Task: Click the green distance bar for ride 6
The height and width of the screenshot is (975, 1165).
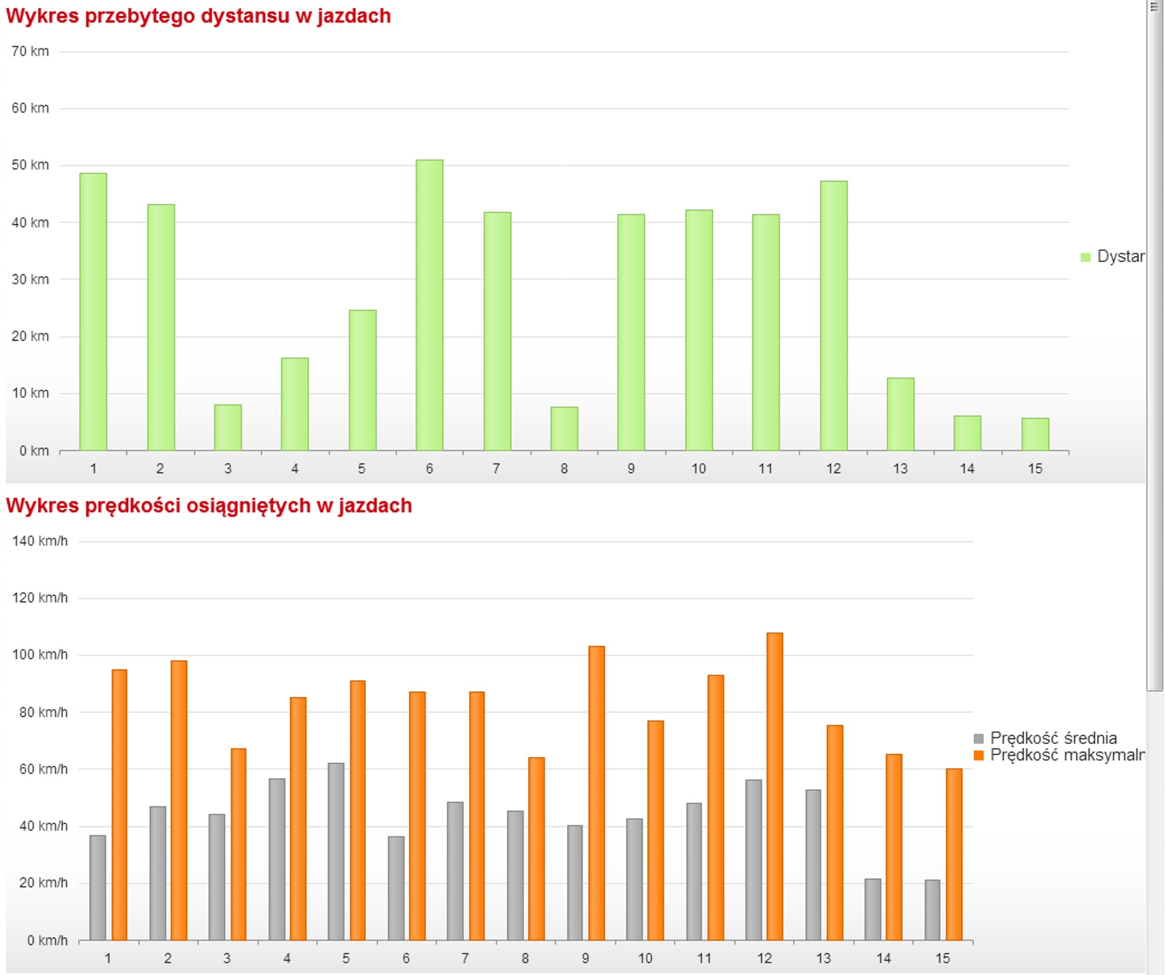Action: click(x=429, y=305)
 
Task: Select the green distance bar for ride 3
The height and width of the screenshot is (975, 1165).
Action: click(x=228, y=427)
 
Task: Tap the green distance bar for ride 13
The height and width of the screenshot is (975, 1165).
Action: click(x=900, y=414)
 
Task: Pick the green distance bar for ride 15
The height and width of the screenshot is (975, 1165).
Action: click(x=1035, y=434)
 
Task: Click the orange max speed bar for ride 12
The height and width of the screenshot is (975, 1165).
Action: click(x=775, y=786)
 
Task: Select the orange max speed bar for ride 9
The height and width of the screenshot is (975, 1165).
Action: click(x=596, y=793)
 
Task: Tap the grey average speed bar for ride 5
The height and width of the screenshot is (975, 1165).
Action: click(x=336, y=851)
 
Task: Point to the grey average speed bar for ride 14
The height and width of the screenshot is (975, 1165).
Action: click(x=873, y=909)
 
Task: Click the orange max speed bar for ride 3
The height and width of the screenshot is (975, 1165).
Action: click(x=239, y=844)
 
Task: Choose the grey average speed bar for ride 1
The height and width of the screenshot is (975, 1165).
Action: click(x=98, y=887)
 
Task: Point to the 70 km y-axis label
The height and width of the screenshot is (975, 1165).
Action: click(x=30, y=51)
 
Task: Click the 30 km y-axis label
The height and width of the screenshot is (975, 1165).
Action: click(x=30, y=279)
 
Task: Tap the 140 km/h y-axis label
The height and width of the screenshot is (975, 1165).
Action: click(x=40, y=541)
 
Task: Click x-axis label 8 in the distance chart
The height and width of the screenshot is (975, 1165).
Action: click(x=564, y=468)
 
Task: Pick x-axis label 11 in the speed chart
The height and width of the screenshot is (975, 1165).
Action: click(x=704, y=958)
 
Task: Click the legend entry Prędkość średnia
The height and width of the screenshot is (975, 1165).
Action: click(x=1053, y=738)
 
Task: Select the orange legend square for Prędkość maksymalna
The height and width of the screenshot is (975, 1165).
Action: click(x=979, y=755)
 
